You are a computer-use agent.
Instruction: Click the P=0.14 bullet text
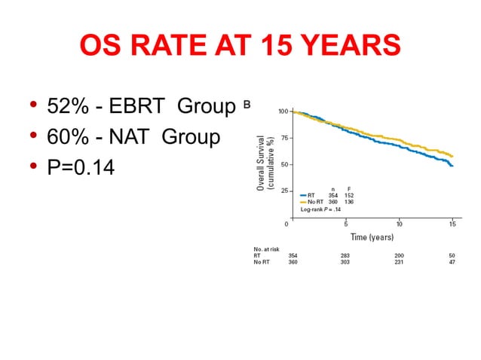coord(81,167)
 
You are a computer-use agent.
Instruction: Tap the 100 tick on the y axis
coord(283,111)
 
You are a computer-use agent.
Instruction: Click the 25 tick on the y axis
coord(285,191)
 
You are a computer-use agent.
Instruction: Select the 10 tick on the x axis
coord(399,224)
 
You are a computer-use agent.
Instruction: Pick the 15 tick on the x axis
coord(452,224)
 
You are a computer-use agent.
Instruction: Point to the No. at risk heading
coord(266,249)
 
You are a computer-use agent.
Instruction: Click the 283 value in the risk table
coord(345,255)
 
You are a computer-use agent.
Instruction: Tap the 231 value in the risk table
coord(399,262)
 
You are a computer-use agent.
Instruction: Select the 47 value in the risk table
coord(452,262)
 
